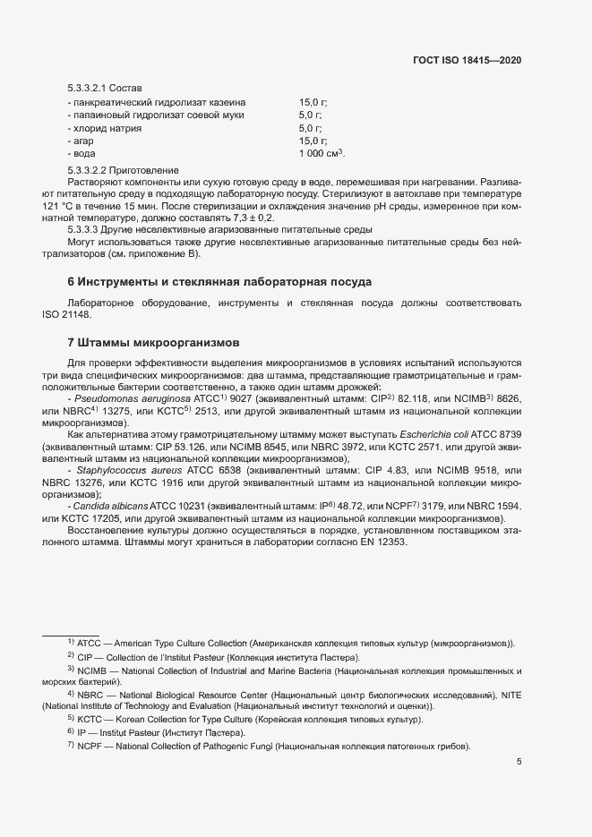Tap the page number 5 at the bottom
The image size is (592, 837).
pos(519,762)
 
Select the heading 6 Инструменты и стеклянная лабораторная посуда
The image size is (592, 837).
pos(219,281)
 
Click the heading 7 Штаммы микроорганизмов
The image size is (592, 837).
pos(155,342)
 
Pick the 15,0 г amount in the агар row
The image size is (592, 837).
pos(313,141)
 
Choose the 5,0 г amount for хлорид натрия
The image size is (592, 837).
pos(310,129)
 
